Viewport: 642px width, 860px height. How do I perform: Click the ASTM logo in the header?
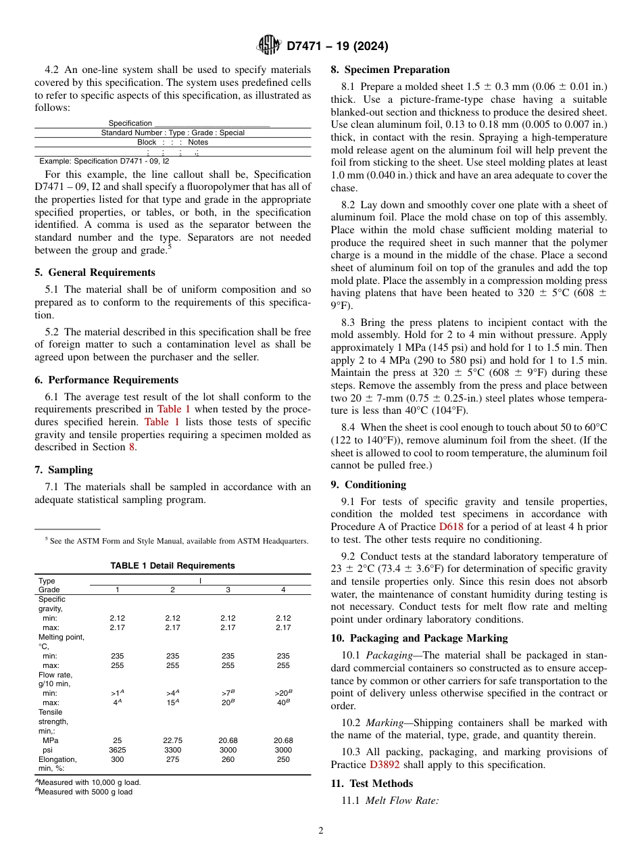[268, 46]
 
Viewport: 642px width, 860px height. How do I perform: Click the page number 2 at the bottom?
[321, 831]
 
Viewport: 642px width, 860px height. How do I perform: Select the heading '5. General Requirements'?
[95, 272]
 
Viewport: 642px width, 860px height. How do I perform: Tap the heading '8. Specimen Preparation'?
[390, 70]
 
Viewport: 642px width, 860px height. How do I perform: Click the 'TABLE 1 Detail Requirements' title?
[172, 566]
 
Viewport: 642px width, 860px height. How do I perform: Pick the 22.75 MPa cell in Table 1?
[172, 740]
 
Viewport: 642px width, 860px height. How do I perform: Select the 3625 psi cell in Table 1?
[117, 750]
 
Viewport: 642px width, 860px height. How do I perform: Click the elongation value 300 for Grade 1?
[117, 759]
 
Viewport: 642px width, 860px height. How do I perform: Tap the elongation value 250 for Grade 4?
[283, 759]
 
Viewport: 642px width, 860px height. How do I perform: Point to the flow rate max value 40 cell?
[282, 702]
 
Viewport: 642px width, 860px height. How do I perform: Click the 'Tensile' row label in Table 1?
[51, 712]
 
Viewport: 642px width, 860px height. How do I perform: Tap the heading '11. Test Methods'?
[372, 784]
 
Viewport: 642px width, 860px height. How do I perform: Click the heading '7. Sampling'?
[64, 470]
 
